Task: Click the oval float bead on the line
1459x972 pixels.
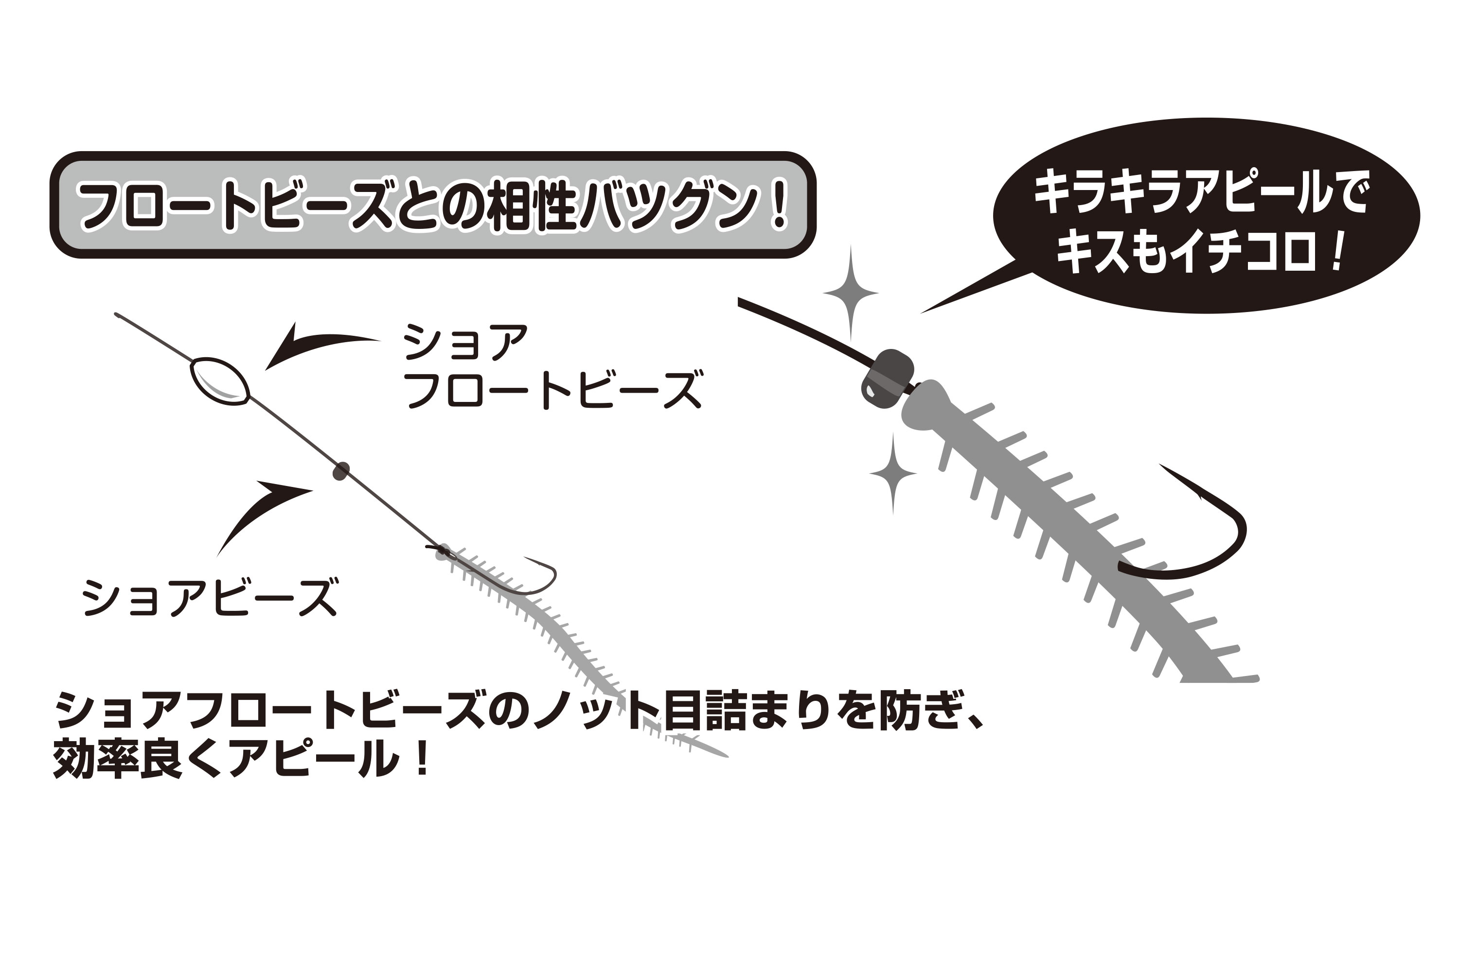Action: [220, 382]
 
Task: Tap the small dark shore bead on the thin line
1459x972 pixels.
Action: [340, 471]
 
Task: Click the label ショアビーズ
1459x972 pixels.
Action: [210, 597]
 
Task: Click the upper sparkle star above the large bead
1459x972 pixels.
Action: [851, 293]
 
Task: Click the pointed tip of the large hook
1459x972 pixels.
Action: [1160, 465]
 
